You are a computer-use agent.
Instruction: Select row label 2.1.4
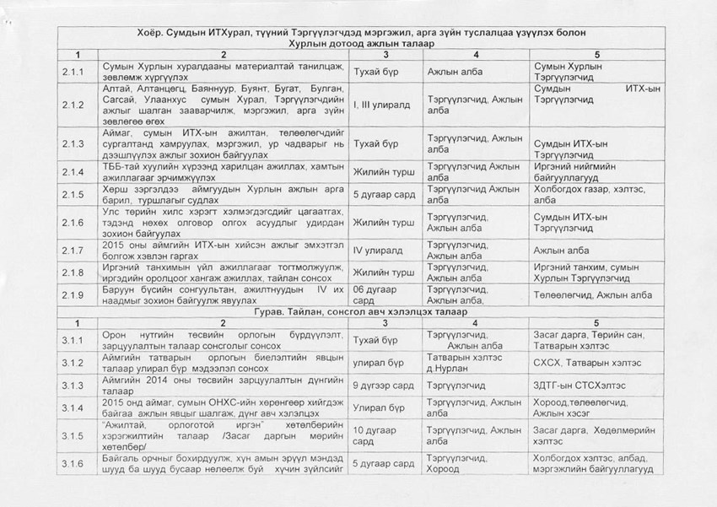click(72, 170)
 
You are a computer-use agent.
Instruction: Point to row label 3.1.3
click(72, 385)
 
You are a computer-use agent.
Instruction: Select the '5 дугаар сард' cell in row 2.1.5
click(384, 194)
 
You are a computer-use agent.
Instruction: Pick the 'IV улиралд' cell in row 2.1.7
click(375, 250)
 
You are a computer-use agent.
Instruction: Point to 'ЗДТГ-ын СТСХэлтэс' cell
click(583, 385)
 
